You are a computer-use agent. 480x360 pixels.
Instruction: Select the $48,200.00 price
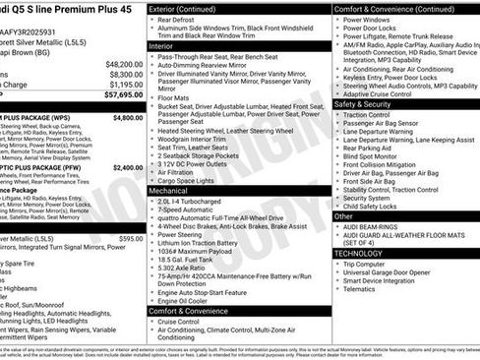click(x=122, y=63)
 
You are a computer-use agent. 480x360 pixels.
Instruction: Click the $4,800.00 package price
click(x=127, y=117)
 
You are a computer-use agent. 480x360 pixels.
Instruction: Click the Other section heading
click(x=344, y=215)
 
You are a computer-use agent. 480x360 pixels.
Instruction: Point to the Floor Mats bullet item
click(x=178, y=98)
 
